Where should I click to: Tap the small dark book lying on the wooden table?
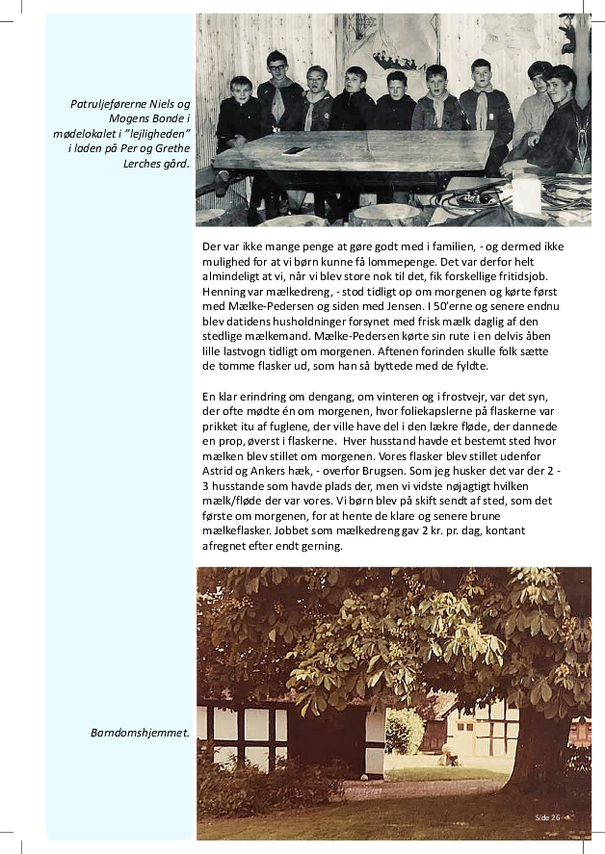[x=295, y=151]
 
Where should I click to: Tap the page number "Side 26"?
[x=547, y=816]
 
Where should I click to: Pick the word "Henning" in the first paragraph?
[x=225, y=291]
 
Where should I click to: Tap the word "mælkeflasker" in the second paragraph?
[x=236, y=531]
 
